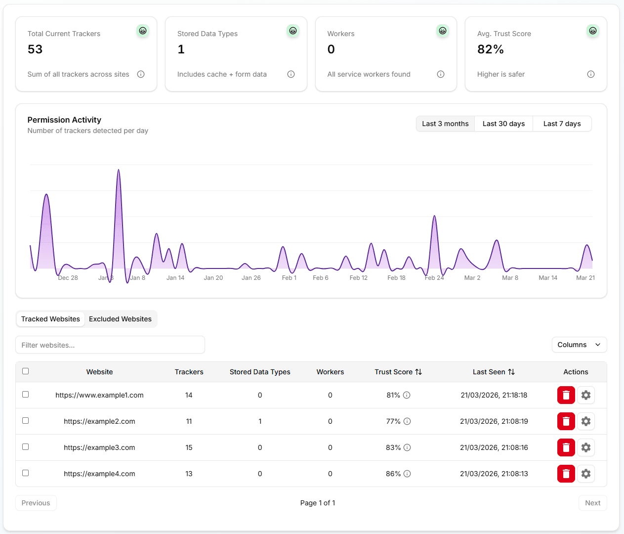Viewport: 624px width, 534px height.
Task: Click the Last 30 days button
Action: [x=503, y=124]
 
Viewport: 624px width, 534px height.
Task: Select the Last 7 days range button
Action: [x=562, y=124]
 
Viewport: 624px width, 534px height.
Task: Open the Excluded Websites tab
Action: [x=120, y=319]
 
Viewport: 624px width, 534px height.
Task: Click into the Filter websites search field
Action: [x=110, y=345]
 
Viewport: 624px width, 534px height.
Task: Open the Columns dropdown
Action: [x=579, y=345]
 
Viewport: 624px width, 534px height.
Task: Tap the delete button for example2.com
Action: [x=566, y=421]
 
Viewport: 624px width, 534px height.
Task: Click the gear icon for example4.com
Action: [x=585, y=473]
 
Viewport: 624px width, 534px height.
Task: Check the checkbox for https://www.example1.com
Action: [x=26, y=395]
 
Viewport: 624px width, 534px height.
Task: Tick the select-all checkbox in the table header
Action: [x=26, y=371]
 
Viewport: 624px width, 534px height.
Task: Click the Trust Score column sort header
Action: [x=398, y=372]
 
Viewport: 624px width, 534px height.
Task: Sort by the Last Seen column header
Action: [x=494, y=372]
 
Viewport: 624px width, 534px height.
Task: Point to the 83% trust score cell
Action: [x=393, y=447]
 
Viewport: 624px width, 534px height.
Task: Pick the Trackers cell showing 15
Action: [x=189, y=447]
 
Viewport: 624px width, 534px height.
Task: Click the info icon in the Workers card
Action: [x=440, y=74]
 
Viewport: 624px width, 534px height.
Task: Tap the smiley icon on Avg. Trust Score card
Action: [x=592, y=31]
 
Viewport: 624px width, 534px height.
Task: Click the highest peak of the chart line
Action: [x=119, y=170]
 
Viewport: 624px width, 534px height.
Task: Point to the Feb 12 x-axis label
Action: [x=358, y=278]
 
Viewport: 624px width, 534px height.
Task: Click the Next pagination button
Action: [x=592, y=502]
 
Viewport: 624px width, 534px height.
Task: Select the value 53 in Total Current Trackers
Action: [x=35, y=49]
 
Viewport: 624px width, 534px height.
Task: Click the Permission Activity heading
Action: [x=64, y=120]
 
